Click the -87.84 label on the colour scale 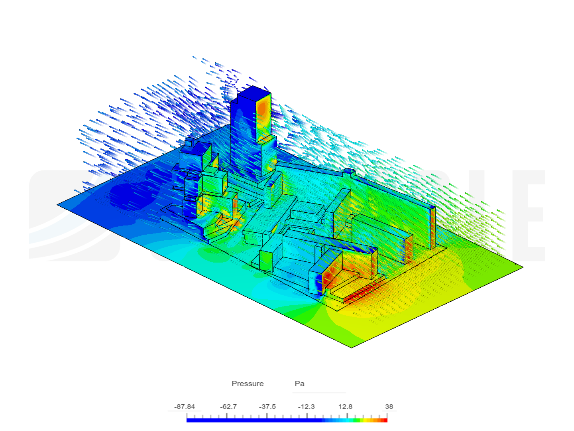[185, 406]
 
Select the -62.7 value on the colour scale [228, 406]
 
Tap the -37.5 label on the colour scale [267, 406]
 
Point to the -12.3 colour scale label [306, 406]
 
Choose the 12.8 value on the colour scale [345, 406]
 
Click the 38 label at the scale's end [389, 406]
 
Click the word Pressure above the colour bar [248, 384]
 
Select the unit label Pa [299, 384]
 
